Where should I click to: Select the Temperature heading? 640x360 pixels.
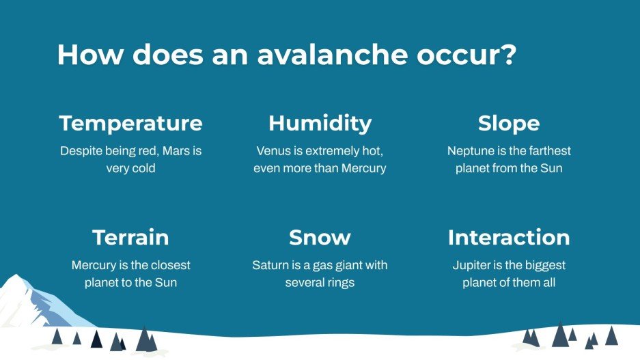[130, 124]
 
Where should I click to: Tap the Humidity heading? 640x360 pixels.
[320, 124]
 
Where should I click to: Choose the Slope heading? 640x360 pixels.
[509, 124]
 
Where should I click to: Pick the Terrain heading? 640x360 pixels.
[130, 237]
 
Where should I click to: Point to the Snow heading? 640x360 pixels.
[320, 237]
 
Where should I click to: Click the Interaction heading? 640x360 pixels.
[509, 237]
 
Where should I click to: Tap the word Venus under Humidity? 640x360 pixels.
[274, 150]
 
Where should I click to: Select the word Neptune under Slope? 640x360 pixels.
[470, 150]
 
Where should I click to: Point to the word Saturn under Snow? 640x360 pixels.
[270, 265]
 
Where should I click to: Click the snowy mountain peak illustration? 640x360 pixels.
[34, 301]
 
